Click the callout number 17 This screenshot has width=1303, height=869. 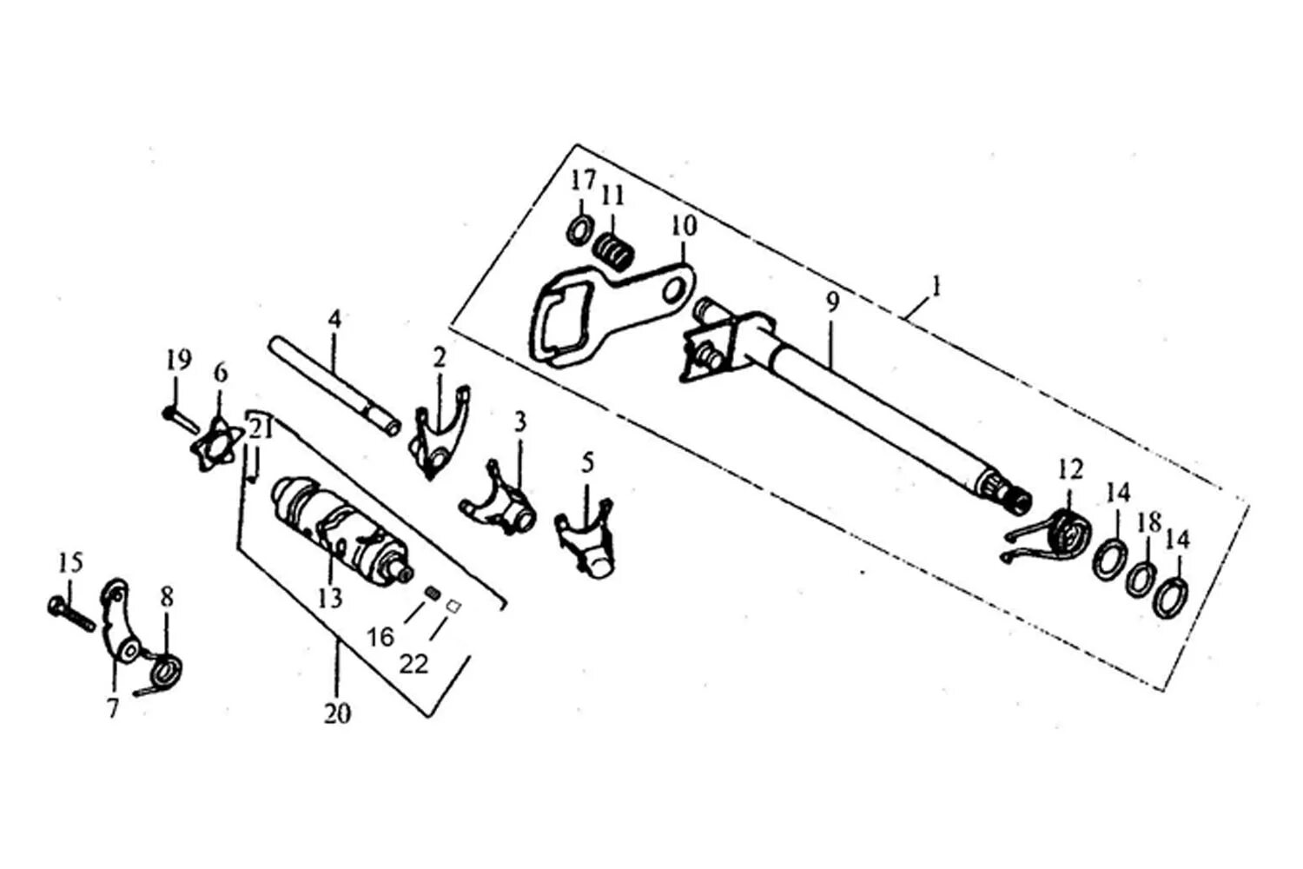583,182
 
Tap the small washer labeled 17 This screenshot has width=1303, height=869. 579,232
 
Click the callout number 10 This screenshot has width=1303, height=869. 684,227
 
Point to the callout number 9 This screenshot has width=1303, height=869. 832,302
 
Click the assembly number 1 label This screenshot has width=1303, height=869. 936,285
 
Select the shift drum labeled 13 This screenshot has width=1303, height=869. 339,529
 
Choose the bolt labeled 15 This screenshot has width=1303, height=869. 70,614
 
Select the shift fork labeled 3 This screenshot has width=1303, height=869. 500,507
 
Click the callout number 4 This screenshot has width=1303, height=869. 335,319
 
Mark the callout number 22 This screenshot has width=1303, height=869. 414,664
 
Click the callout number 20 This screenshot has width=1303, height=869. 338,714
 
